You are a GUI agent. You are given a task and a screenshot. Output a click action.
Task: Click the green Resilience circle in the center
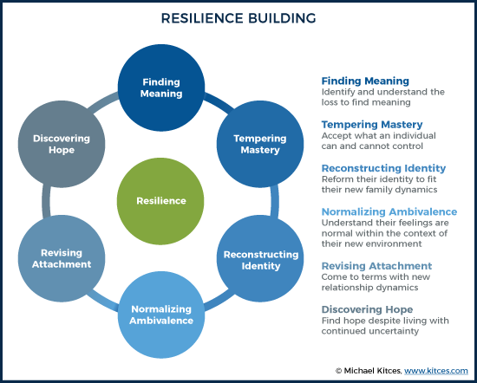pos(160,201)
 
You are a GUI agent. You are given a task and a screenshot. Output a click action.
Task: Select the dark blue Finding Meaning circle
pos(161,88)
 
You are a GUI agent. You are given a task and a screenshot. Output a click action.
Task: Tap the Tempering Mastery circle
pos(260,144)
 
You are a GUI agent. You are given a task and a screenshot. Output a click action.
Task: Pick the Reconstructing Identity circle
pos(260,259)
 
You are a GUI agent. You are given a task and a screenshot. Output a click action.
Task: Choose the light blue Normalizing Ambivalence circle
pos(161,315)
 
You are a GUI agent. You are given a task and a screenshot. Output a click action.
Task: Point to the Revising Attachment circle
pos(62,259)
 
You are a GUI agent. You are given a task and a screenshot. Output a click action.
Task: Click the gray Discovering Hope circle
pos(62,144)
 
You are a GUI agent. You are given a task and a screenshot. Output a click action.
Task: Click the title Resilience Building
pos(238,18)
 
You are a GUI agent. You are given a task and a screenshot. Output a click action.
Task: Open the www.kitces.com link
pos(436,371)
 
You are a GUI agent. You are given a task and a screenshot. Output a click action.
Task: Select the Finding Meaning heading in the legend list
pos(365,81)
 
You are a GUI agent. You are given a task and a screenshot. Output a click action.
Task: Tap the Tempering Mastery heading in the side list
pos(372,124)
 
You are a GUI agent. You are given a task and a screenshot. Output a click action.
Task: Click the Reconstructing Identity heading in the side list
pos(383,168)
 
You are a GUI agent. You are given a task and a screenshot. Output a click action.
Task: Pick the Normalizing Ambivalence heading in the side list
pos(389,211)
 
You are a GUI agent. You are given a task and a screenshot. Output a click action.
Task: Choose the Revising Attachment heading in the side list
pos(376,266)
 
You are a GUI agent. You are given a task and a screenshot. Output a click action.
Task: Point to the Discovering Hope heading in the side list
pos(367,309)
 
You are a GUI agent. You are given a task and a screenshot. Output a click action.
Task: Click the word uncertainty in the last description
pos(394,331)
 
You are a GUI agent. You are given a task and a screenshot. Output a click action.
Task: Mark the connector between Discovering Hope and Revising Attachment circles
pos(46,201)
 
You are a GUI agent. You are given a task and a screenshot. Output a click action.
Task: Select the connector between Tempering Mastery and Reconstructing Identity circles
pos(274,201)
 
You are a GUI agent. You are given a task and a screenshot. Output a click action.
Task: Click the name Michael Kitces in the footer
pos(372,371)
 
